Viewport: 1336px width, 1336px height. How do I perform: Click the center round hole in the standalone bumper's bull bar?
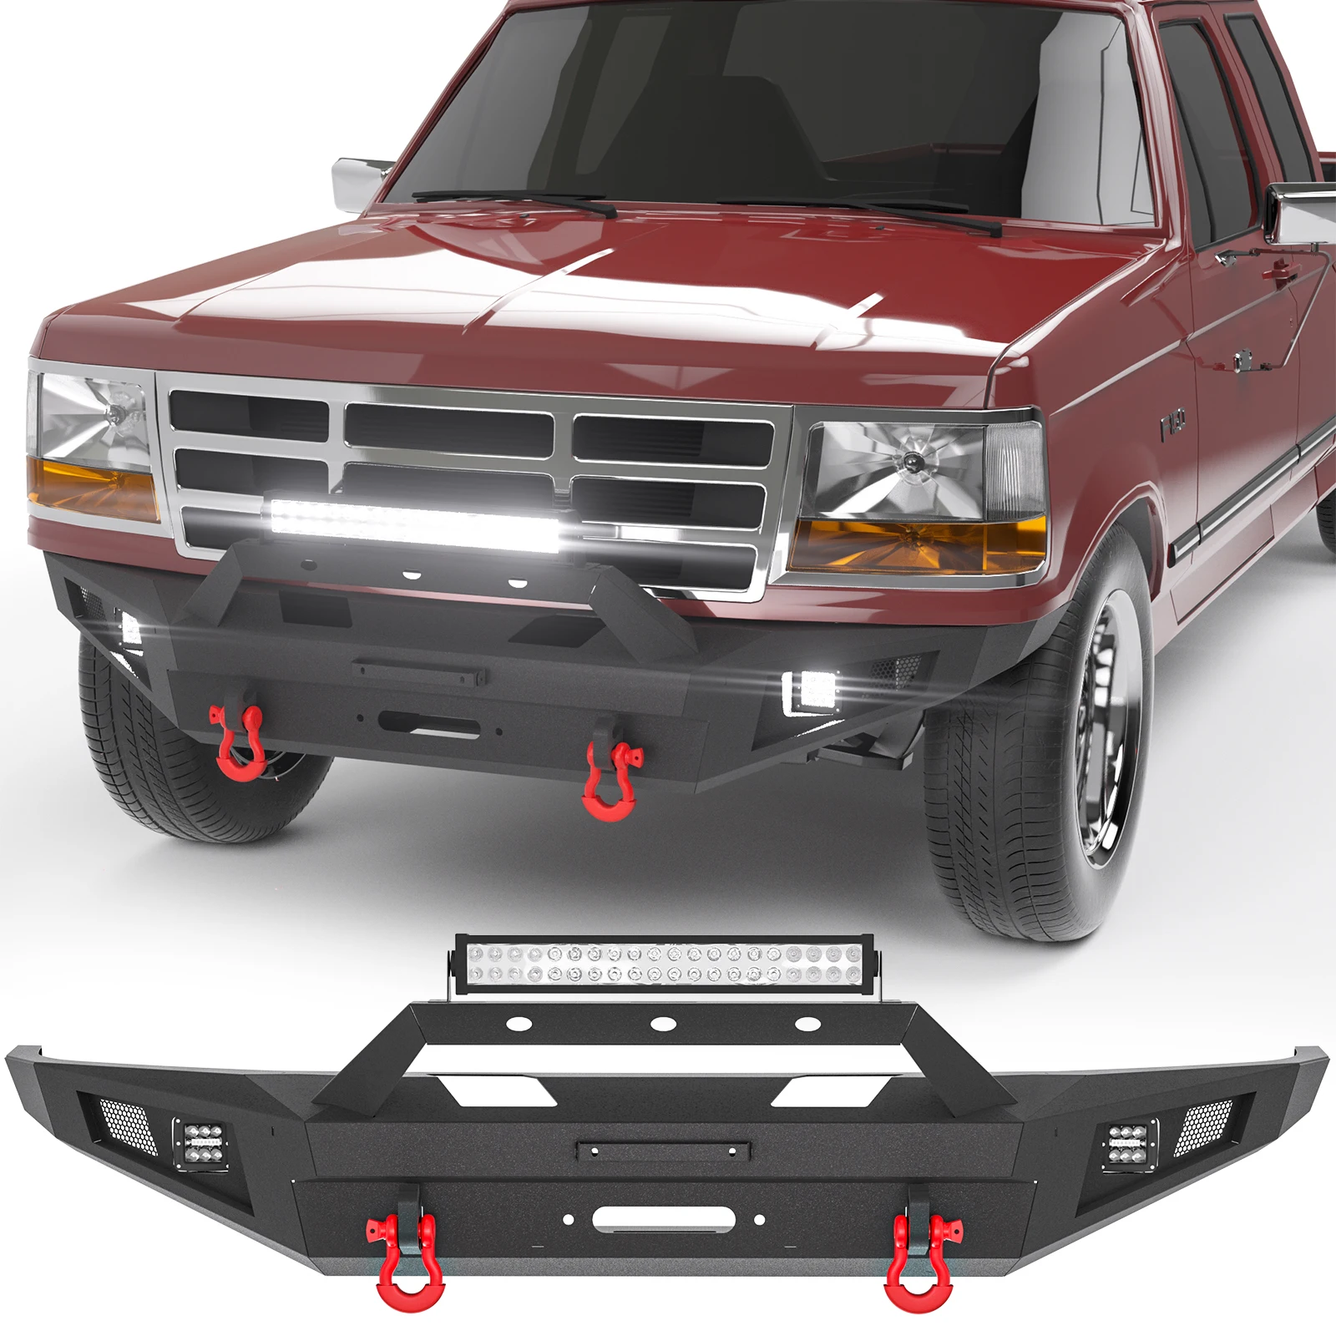(x=662, y=1024)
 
